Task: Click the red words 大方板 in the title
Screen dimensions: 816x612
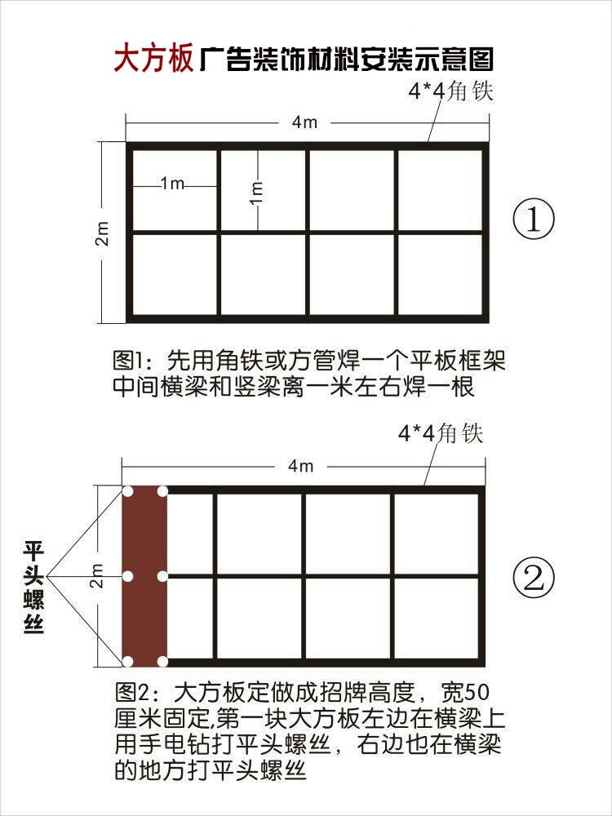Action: pos(153,59)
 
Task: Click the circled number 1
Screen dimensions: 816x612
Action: pos(534,220)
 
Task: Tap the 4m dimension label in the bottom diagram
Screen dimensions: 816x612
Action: pos(301,466)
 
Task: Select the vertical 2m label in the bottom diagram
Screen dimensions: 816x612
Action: pos(97,576)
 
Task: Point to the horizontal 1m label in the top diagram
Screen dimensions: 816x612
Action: pos(172,184)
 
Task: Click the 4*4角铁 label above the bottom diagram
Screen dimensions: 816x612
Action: pos(440,432)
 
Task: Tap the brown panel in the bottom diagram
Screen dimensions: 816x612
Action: pos(144,575)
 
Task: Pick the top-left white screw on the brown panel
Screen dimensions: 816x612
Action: pos(127,491)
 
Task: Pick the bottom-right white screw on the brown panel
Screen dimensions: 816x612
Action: pos(162,660)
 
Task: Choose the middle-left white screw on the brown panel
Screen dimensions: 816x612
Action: pos(127,576)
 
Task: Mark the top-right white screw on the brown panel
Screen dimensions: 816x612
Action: pos(162,491)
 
